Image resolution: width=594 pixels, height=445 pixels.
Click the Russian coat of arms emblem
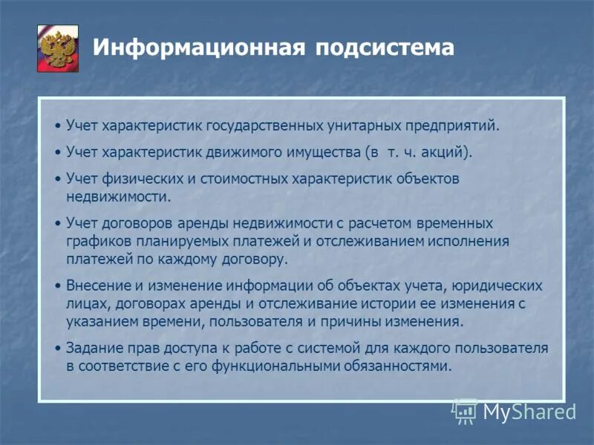[x=58, y=47]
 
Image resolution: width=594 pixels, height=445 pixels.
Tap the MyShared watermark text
[x=529, y=411]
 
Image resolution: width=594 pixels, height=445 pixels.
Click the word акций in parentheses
[x=444, y=153]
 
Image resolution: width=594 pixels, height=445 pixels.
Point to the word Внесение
[x=97, y=286]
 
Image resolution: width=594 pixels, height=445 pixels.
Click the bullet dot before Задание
[x=59, y=349]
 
